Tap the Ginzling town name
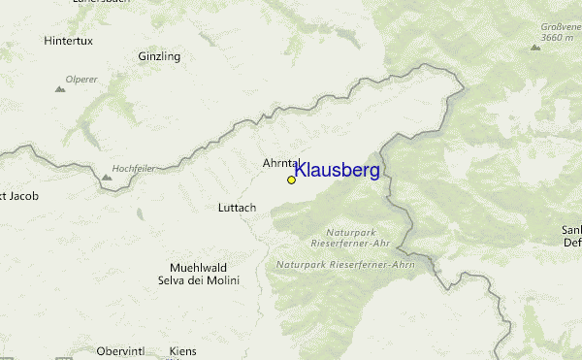click(159, 56)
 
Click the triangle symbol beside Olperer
click(60, 89)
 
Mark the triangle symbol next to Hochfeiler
click(106, 178)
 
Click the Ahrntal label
click(281, 163)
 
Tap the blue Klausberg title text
click(337, 171)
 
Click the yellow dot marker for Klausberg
click(291, 180)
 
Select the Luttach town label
click(238, 208)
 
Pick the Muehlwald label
click(198, 268)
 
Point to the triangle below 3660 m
click(535, 47)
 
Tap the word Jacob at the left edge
click(21, 196)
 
